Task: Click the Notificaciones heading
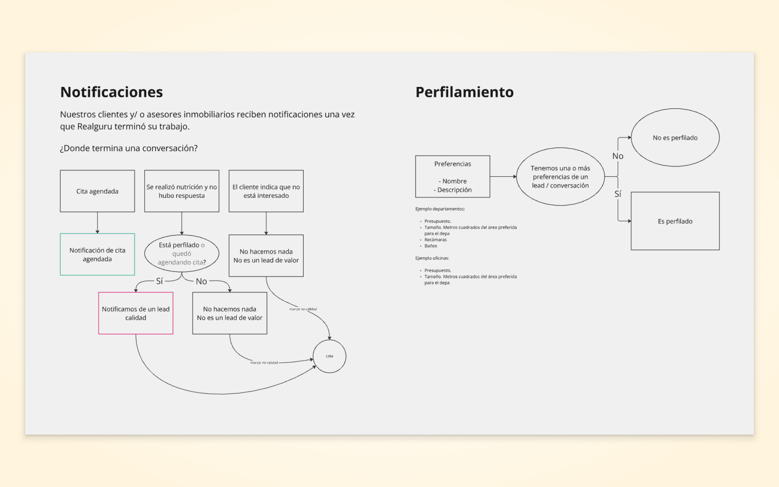112,92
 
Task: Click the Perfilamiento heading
464,92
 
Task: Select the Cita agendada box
97,191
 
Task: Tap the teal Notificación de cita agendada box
97,255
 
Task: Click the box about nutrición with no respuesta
182,191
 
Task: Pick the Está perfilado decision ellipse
182,254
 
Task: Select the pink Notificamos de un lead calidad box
136,313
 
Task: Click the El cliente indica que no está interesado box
266,191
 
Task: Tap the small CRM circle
329,356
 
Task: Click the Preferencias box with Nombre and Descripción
452,176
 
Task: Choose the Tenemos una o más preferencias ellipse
560,176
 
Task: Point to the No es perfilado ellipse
675,137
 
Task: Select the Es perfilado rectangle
675,221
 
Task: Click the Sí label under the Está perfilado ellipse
160,281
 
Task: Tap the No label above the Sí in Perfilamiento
618,156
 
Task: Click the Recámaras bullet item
435,240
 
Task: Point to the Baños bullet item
431,246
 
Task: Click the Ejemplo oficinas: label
432,258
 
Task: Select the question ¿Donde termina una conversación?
129,148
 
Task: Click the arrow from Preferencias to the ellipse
503,176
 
